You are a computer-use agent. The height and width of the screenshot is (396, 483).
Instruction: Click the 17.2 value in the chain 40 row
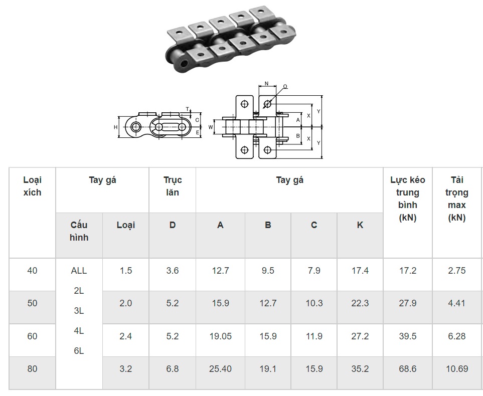(x=408, y=271)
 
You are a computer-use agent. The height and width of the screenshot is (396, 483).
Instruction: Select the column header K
(x=360, y=225)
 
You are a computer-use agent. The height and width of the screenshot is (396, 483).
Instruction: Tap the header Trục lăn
(x=173, y=186)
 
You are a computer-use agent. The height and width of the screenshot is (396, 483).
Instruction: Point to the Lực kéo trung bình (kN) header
(x=408, y=199)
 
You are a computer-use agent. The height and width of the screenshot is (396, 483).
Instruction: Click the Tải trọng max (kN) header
(x=457, y=199)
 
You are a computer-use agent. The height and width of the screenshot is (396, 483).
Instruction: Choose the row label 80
(x=32, y=368)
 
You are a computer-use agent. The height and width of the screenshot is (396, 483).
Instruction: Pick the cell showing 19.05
(x=221, y=336)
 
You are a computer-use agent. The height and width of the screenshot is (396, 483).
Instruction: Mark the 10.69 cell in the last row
(x=457, y=368)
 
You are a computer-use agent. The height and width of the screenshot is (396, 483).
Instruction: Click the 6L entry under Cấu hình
(x=79, y=351)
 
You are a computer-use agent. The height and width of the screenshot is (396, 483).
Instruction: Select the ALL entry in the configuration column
(x=79, y=271)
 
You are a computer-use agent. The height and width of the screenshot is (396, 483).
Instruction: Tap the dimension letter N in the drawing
(x=266, y=83)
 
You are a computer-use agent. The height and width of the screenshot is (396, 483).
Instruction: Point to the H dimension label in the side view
(x=115, y=127)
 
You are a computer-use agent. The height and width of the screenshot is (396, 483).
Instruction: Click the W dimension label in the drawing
(x=211, y=127)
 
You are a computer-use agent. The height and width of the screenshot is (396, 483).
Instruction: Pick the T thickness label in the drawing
(x=188, y=109)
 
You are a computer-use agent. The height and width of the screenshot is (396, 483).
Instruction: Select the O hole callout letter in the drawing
(x=285, y=87)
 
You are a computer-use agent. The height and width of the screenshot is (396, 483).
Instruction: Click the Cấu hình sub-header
(x=79, y=231)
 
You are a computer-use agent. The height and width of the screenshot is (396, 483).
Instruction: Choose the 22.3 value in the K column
(x=360, y=303)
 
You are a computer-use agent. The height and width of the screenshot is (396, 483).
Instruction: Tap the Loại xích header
(x=32, y=186)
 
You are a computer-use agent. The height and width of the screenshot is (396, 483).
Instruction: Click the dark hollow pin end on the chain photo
(x=185, y=64)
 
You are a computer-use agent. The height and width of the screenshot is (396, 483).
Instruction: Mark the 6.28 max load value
(x=457, y=336)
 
